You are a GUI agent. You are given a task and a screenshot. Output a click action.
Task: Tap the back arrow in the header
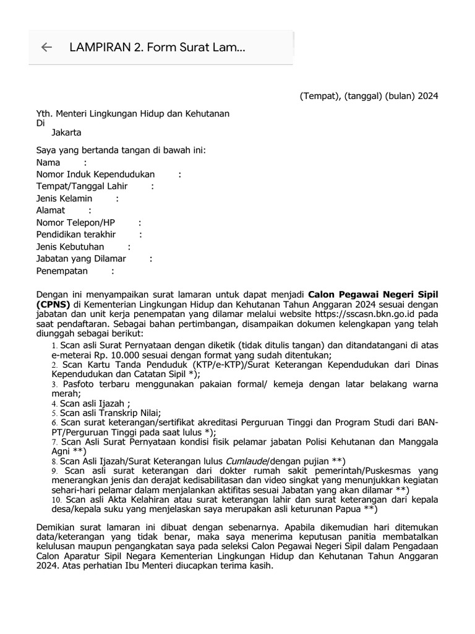[x=46, y=48]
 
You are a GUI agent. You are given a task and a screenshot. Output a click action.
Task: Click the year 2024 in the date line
[x=427, y=96]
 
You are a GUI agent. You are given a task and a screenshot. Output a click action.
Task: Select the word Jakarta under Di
[x=66, y=132]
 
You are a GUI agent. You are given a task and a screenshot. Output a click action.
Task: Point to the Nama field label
[x=48, y=162]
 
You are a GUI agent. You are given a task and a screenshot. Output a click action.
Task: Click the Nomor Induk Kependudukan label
[x=95, y=175]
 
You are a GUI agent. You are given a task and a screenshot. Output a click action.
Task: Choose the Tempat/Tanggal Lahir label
[x=82, y=186]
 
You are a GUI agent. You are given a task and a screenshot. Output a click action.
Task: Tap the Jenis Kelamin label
[x=64, y=199]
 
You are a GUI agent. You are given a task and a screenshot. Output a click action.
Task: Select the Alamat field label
[x=51, y=211]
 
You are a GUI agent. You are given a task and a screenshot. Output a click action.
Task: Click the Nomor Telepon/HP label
[x=75, y=223]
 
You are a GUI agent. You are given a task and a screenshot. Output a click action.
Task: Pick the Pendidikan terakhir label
[x=76, y=235]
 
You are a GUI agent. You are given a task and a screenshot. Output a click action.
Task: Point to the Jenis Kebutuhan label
[x=70, y=247]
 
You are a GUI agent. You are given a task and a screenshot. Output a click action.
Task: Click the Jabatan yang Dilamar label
[x=81, y=259]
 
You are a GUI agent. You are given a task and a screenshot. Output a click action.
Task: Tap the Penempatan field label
[x=62, y=271]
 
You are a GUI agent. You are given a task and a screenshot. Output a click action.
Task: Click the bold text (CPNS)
[x=54, y=305]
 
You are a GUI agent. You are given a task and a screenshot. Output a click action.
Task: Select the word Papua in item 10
[x=348, y=509]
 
